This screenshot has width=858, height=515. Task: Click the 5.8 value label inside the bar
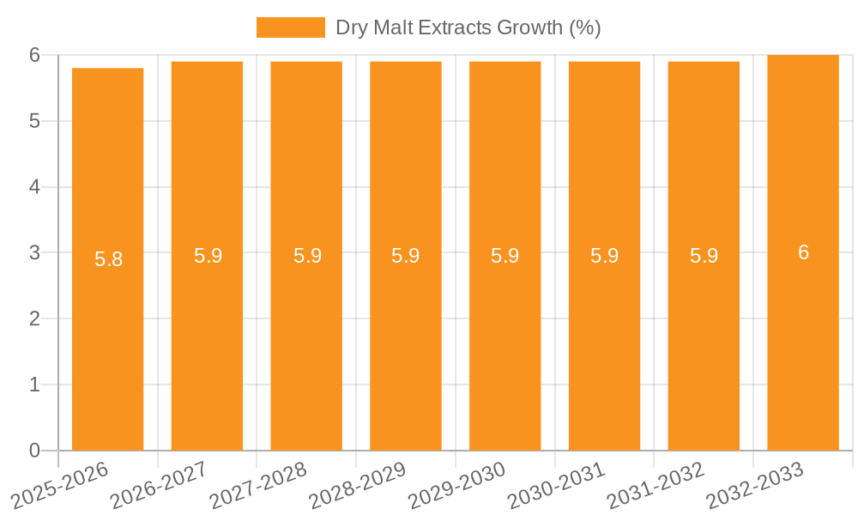point(108,259)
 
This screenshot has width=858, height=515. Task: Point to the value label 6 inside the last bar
point(803,252)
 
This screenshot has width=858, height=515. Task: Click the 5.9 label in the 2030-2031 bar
point(604,256)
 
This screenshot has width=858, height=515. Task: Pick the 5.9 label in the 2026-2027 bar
point(208,256)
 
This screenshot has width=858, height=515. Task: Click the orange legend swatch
point(290,27)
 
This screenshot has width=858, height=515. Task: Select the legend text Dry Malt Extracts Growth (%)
point(468,27)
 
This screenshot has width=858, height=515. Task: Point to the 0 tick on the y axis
point(34,451)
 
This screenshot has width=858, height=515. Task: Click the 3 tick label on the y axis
point(34,252)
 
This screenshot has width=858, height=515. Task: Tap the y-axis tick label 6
point(34,55)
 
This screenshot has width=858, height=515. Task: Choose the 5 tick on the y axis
point(34,121)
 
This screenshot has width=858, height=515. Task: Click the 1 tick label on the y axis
point(34,385)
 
